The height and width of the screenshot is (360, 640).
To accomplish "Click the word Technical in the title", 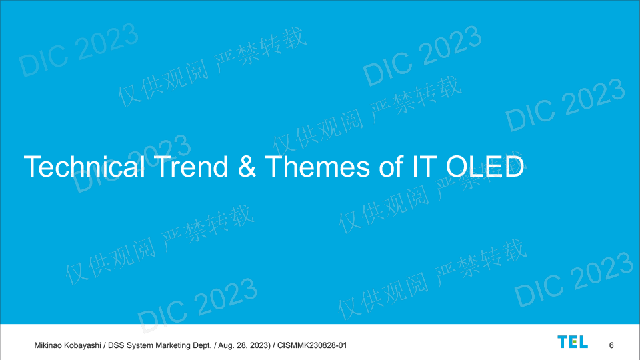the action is [x=85, y=167].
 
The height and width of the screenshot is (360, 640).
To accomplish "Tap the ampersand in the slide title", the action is [x=247, y=167].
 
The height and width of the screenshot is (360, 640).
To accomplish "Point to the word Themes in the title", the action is [x=317, y=167].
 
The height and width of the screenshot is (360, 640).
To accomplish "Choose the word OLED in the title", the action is [x=485, y=167].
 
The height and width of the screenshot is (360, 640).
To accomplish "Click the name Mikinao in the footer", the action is [x=48, y=345].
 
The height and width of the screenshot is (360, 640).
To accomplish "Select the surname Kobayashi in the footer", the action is [x=83, y=345].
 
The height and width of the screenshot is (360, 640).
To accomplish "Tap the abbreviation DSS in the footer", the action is [x=116, y=345].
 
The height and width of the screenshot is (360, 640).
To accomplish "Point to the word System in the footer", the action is [x=139, y=346].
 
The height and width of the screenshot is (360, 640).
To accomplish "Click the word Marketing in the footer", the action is [x=171, y=346].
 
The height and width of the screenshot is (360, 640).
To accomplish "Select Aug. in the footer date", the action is [x=226, y=346].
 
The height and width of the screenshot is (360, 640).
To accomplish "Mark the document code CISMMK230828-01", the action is [x=312, y=345].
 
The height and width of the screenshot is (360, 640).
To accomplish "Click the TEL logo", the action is [x=573, y=342].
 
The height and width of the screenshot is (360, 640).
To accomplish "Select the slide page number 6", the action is [x=611, y=345].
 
